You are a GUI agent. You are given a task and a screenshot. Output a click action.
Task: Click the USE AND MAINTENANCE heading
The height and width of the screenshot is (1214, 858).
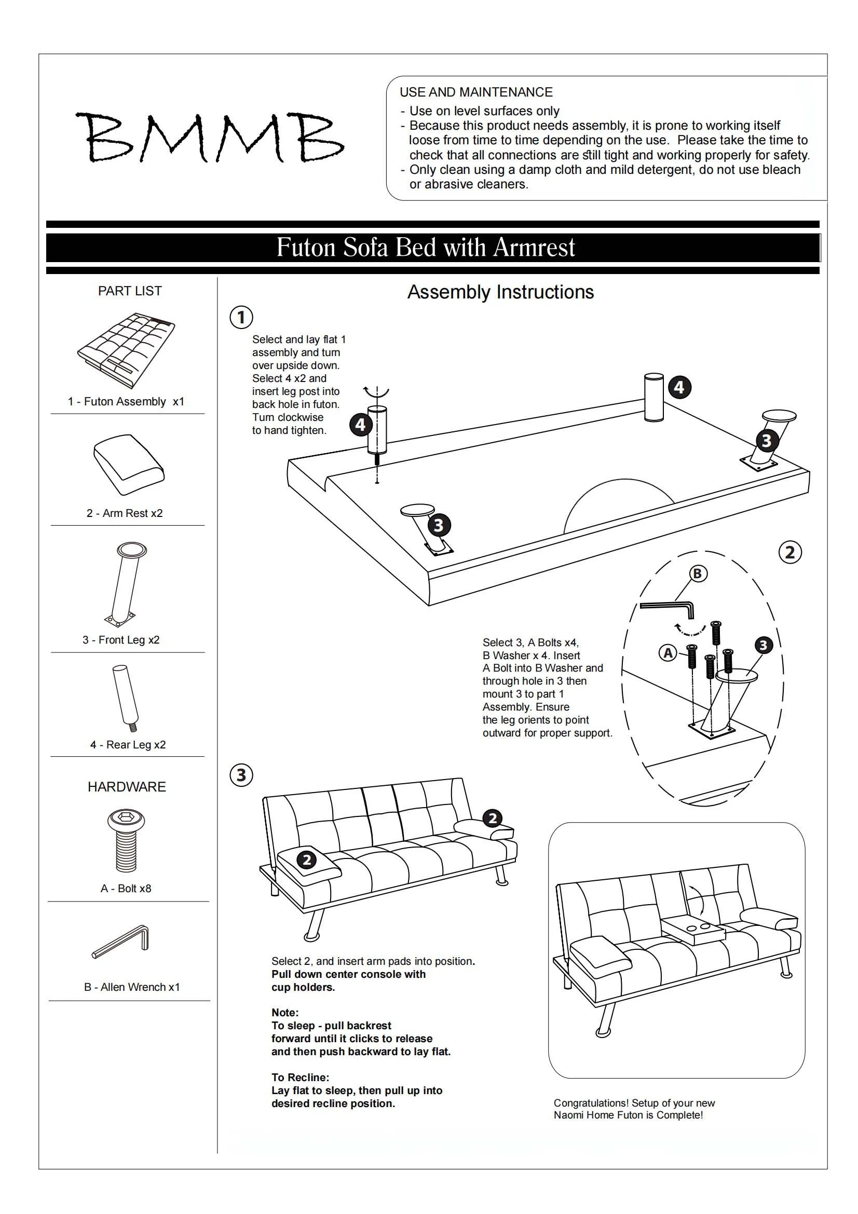click(x=476, y=92)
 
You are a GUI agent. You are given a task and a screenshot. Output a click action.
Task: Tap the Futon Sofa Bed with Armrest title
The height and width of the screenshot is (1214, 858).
click(x=426, y=248)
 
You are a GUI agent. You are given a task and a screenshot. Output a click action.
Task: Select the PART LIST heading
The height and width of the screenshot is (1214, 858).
click(x=130, y=291)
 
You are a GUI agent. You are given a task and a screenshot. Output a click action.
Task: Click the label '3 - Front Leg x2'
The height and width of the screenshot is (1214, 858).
click(x=121, y=640)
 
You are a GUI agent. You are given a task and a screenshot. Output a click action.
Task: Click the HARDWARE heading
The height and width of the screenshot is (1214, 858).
click(x=127, y=787)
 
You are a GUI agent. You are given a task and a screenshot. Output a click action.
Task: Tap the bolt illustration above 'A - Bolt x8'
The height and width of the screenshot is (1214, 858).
click(x=126, y=841)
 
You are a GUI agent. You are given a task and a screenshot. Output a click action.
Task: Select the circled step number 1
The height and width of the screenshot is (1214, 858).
click(x=241, y=317)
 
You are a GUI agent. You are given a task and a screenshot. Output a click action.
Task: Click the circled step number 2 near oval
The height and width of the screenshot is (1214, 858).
click(x=791, y=553)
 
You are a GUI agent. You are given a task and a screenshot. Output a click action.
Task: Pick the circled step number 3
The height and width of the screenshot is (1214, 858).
click(x=241, y=775)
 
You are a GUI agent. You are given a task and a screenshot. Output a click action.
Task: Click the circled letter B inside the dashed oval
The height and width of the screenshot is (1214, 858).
click(x=697, y=574)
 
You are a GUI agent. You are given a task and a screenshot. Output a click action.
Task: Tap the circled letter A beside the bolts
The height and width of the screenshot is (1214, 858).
click(x=668, y=653)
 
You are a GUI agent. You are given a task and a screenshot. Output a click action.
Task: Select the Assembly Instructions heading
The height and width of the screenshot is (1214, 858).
click(x=500, y=292)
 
